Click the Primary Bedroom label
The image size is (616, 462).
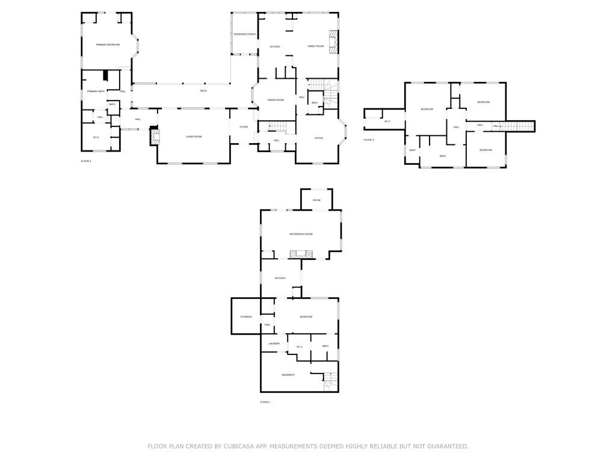[108, 45]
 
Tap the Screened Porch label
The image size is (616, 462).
[245, 34]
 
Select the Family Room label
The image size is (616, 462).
[316, 46]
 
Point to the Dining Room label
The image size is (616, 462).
[276, 100]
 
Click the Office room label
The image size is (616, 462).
[319, 138]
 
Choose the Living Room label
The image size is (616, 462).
[194, 137]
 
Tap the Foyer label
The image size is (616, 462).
[244, 127]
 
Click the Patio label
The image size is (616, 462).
[203, 91]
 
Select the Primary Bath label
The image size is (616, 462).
[96, 91]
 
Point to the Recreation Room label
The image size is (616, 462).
[301, 234]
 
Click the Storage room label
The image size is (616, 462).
[246, 317]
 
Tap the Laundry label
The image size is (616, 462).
[274, 343]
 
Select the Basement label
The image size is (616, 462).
[288, 375]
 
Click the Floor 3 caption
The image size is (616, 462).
[369, 140]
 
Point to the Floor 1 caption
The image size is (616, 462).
[265, 402]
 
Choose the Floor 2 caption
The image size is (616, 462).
[86, 161]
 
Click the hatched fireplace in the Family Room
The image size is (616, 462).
[333, 42]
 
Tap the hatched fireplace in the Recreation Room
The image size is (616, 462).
[301, 254]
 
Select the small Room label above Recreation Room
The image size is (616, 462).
[316, 200]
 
